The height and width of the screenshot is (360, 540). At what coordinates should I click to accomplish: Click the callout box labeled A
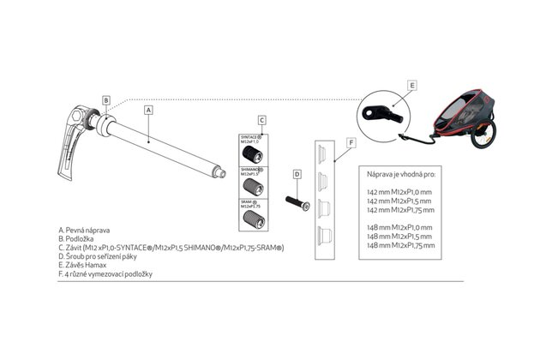point(149,111)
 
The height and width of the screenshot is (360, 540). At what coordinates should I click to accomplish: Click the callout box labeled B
point(105,100)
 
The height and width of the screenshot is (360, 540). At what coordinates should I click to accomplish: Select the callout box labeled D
point(297,174)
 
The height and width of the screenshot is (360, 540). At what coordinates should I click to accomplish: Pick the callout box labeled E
point(412,86)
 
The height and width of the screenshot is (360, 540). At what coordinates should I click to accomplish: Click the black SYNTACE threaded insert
point(252,153)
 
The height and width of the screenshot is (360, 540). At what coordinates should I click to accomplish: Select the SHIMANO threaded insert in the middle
point(252,185)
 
